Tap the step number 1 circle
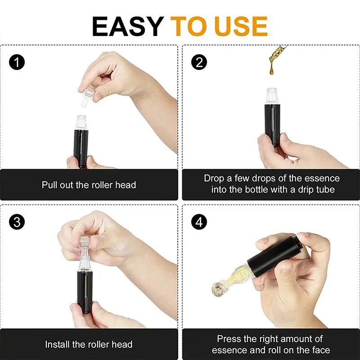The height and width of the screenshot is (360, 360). point(17,62)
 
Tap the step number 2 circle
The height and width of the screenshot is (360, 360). point(199,62)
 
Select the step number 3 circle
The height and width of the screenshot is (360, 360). point(17,222)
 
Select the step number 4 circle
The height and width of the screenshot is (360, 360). point(199,222)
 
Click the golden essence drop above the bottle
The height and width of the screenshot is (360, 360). point(275,56)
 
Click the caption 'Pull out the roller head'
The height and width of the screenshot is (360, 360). point(89,185)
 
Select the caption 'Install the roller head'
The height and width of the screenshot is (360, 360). point(89,345)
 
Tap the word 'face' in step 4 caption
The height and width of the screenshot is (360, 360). point(320,350)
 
